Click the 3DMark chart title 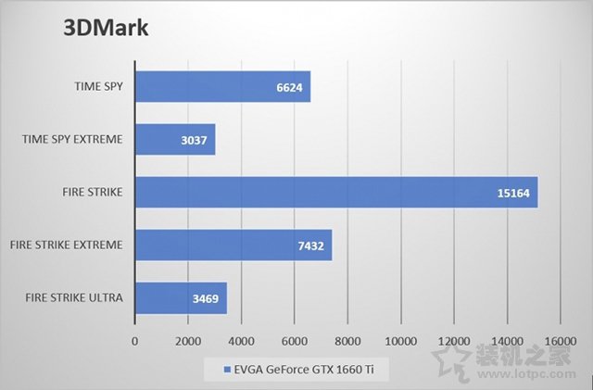[106, 28]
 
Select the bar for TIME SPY [222, 87]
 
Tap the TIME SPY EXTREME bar [175, 140]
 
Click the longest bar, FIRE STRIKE [336, 193]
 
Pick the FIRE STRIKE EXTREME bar [233, 245]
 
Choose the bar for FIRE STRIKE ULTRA [181, 298]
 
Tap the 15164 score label [515, 194]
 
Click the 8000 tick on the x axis [348, 341]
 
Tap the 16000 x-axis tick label [561, 341]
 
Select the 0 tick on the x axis [135, 341]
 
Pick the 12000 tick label [454, 341]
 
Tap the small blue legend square [225, 371]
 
